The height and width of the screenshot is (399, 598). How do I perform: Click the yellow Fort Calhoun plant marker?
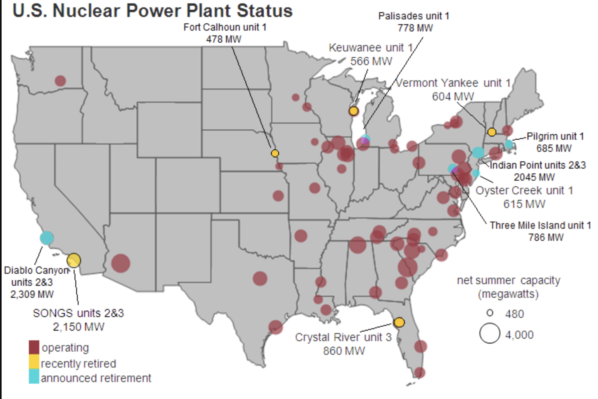275,153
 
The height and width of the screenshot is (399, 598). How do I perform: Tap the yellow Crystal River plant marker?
399,322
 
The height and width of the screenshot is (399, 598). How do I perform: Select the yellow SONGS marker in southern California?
74,260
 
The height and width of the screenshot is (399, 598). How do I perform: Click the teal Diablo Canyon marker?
47,238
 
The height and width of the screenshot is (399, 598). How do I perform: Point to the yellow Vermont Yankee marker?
492,132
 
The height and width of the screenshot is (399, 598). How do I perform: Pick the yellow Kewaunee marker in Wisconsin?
354,111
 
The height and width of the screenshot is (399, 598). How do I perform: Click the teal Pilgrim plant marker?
509,144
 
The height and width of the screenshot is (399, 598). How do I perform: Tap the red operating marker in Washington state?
60,81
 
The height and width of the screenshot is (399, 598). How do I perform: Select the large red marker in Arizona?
121,263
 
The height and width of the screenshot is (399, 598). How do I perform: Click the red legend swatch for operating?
34,347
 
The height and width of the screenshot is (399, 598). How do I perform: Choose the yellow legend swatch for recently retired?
34,362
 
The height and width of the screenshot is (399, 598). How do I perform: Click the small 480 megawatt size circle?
490,313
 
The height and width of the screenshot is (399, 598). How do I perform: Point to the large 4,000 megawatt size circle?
490,334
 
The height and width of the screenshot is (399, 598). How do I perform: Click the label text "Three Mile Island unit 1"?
540,225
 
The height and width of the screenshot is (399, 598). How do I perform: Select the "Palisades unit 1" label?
414,16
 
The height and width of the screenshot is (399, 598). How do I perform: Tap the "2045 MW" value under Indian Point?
534,177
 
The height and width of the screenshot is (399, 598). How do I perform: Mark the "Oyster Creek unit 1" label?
524,190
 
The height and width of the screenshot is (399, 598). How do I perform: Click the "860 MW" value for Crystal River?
344,351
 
